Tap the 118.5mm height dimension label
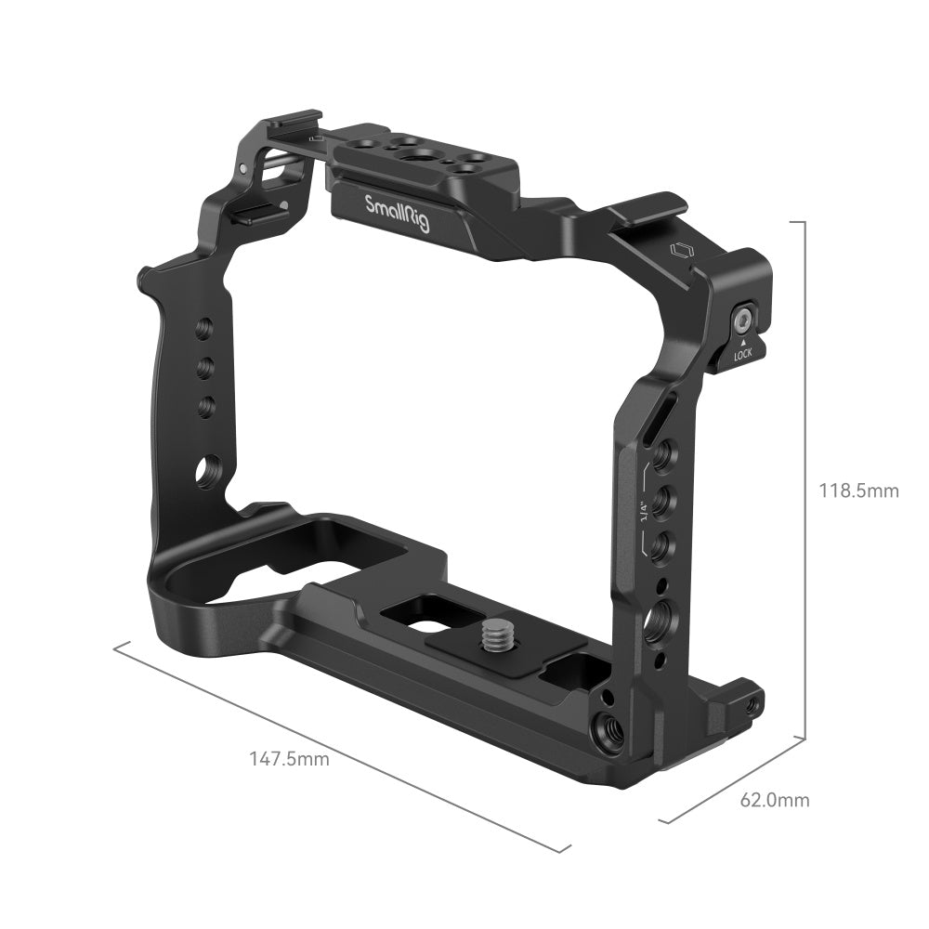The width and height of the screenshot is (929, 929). coord(857,490)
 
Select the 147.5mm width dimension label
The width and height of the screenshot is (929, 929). coord(289,758)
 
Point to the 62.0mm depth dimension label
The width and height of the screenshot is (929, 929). coord(775,799)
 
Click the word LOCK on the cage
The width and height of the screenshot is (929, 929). coord(742,355)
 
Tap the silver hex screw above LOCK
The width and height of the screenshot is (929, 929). coord(743,321)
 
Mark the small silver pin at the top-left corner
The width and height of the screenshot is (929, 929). coord(242,169)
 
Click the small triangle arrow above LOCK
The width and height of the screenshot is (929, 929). coord(742,342)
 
